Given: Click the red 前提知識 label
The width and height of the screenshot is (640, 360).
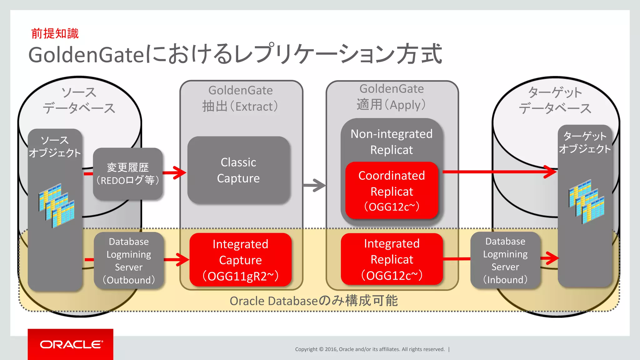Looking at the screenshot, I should [55, 33].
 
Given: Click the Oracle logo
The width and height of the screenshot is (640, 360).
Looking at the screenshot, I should [71, 344].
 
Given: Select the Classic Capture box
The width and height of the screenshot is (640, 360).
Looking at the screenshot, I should [238, 170].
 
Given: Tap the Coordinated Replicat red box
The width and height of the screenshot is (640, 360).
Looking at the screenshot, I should [392, 191].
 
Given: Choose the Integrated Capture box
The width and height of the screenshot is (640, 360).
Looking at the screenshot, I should [240, 260].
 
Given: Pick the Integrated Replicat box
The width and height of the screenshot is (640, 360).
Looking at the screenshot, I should [392, 259].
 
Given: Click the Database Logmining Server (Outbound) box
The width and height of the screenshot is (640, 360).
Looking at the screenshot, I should [129, 260].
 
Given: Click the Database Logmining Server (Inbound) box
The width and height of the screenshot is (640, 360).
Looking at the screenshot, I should [505, 260].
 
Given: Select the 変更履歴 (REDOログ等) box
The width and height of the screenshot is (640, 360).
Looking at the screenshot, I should [128, 174].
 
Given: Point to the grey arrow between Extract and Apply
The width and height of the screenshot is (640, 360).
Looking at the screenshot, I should [315, 185].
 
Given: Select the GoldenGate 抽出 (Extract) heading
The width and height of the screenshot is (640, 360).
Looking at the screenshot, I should [240, 98].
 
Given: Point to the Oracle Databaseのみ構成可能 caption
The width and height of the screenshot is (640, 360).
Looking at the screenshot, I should [314, 301].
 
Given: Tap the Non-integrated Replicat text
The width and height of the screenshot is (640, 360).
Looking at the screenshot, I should [392, 142].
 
